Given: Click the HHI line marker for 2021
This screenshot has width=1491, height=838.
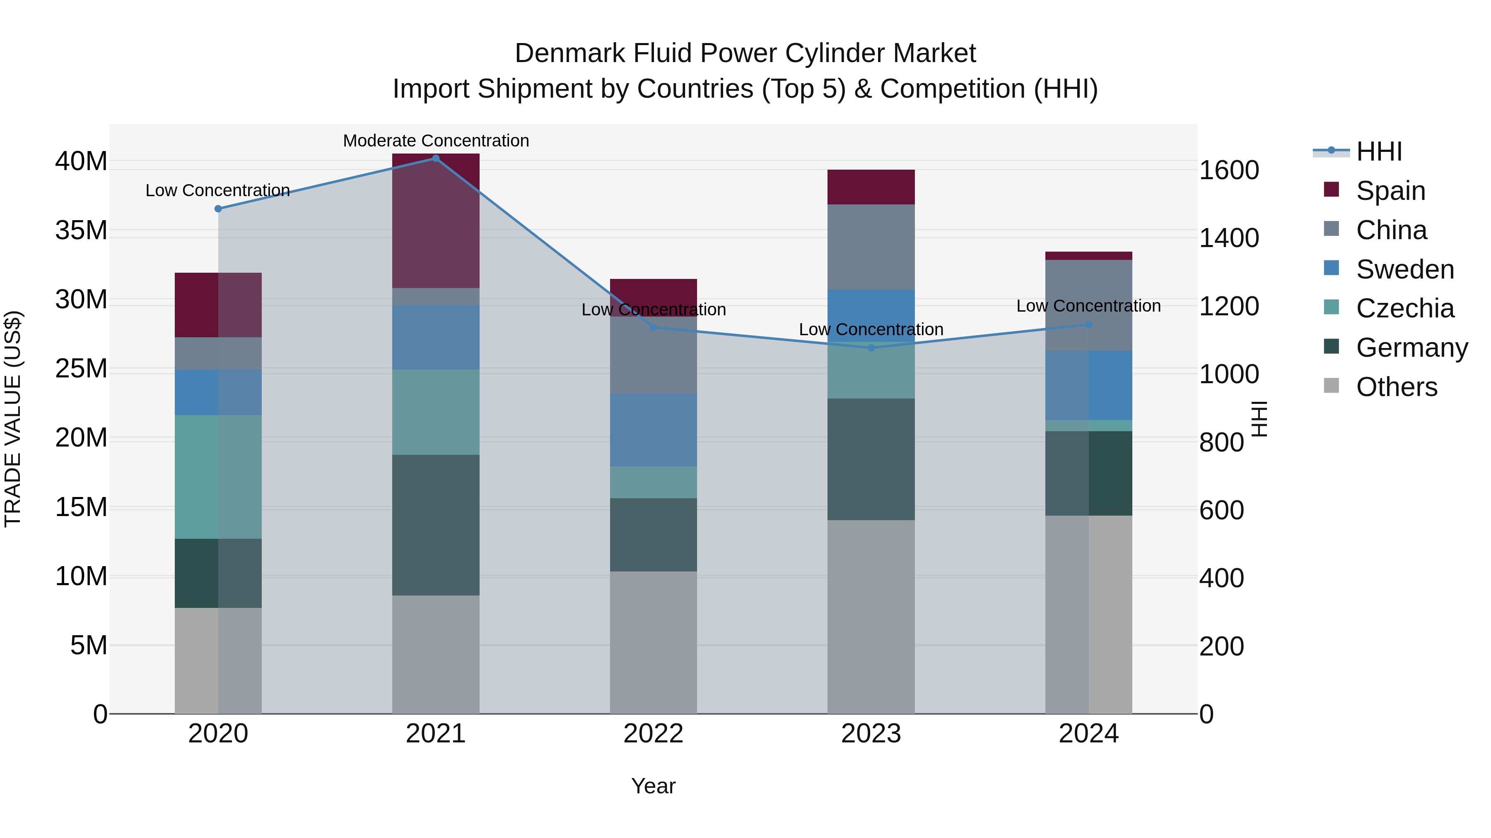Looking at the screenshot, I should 436,158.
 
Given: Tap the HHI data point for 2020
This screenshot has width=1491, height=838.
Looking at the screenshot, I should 218,209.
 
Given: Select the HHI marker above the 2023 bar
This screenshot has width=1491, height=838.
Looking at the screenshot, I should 871,348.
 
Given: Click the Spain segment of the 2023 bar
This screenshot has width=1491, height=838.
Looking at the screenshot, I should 871,187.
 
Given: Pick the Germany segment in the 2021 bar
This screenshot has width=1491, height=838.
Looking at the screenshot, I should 436,525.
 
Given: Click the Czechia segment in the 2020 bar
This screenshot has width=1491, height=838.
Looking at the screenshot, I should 218,477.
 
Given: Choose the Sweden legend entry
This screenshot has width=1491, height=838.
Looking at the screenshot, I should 1405,269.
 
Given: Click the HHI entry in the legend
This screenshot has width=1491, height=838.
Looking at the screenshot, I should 1379,151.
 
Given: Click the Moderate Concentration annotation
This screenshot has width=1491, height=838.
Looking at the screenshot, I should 436,141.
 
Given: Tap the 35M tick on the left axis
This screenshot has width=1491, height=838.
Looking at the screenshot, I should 81,230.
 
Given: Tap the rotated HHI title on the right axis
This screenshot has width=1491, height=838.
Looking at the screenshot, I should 1260,419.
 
